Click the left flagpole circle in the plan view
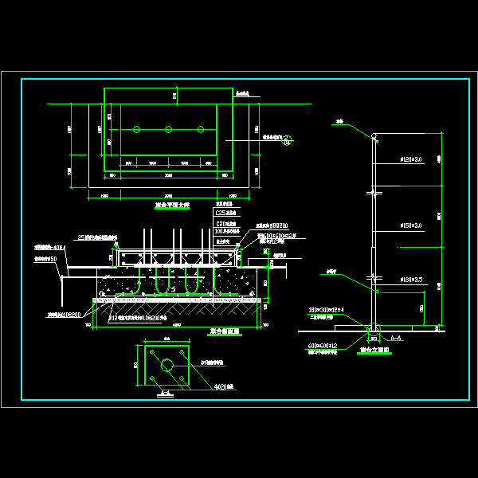[x=136, y=129]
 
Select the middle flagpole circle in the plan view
[x=168, y=129]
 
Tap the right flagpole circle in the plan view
[x=200, y=129]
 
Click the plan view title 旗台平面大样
[x=172, y=206]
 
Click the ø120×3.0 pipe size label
[x=411, y=160]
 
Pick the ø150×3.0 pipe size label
[x=411, y=226]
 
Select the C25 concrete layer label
[x=226, y=214]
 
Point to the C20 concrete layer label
[x=226, y=225]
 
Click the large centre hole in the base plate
[x=167, y=365]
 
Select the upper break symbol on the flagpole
[x=372, y=193]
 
